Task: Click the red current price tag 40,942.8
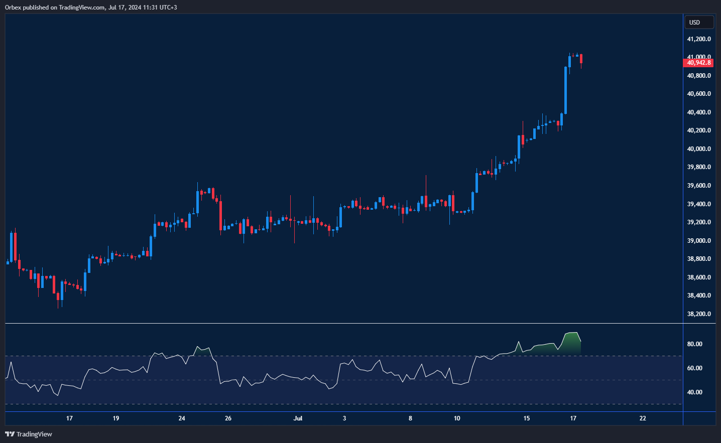(698, 63)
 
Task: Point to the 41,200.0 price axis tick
(699, 39)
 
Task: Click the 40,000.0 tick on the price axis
(699, 149)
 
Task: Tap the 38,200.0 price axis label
(699, 314)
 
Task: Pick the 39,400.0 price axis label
(699, 204)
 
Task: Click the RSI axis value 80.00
(695, 344)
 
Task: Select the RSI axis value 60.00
(695, 368)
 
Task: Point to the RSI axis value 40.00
(695, 392)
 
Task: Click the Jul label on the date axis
(298, 418)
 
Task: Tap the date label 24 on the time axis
(182, 418)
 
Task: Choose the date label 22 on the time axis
(643, 418)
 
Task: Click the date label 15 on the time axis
(526, 418)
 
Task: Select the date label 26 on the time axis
(228, 418)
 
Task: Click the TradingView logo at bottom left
(29, 434)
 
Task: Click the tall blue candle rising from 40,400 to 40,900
(565, 90)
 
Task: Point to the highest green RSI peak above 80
(572, 333)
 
